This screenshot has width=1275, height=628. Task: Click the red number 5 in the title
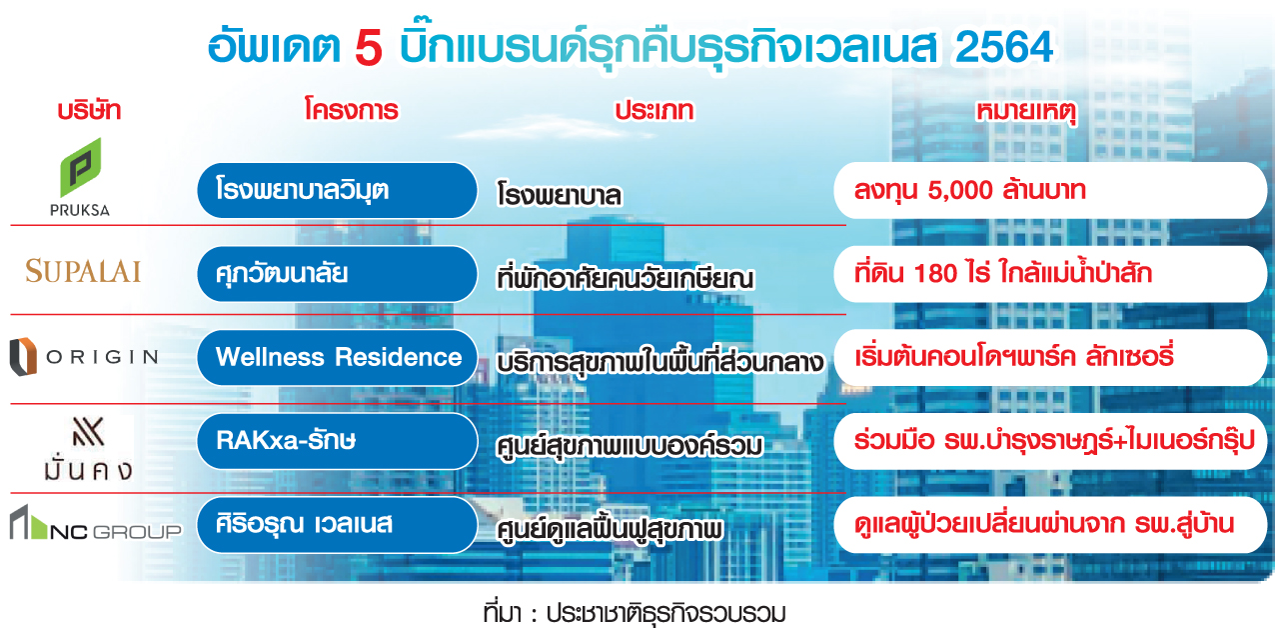tap(369, 48)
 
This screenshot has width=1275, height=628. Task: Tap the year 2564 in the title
tap(1004, 47)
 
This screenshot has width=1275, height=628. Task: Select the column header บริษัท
tap(89, 110)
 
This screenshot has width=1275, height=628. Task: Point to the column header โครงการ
tap(351, 109)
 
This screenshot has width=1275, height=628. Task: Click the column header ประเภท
tap(654, 111)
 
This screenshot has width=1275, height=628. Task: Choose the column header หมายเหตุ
tap(1026, 112)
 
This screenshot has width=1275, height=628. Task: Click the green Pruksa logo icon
tap(81, 168)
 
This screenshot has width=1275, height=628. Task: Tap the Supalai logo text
tap(83, 271)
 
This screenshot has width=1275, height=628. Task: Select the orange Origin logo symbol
tap(23, 357)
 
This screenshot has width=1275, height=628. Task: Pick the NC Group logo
tap(96, 523)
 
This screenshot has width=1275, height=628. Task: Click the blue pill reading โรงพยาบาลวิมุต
tap(337, 190)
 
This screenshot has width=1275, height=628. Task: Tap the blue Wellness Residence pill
tap(337, 357)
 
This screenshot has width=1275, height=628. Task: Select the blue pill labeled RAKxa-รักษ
tap(337, 441)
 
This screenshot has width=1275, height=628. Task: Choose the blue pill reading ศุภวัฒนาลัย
tap(337, 274)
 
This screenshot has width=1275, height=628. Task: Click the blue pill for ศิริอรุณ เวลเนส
tap(337, 524)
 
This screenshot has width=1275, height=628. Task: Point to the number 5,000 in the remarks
tap(960, 191)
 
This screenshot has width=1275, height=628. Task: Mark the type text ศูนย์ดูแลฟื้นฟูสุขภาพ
tap(610, 530)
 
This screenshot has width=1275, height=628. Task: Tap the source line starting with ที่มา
tap(635, 614)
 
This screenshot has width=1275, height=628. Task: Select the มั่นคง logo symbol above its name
tap(88, 431)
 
